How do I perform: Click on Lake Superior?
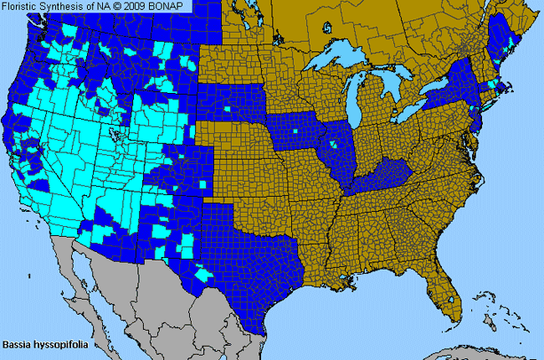point(335,59)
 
